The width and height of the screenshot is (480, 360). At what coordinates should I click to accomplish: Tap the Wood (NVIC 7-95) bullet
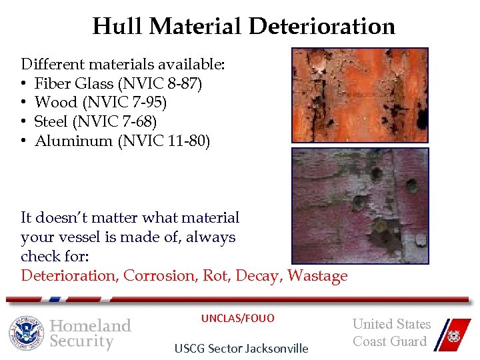click(101, 102)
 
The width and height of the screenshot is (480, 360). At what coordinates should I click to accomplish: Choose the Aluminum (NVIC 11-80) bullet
click(122, 141)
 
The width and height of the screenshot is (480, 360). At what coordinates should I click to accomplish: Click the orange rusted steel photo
click(359, 95)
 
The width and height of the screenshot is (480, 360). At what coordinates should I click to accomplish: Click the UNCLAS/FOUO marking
click(238, 319)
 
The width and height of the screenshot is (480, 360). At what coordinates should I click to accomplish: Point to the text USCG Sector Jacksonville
click(241, 348)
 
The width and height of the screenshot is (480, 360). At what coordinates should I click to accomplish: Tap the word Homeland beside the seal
click(91, 325)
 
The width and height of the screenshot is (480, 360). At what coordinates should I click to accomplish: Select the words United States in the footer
click(391, 324)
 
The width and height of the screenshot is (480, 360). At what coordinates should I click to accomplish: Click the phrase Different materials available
click(123, 65)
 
